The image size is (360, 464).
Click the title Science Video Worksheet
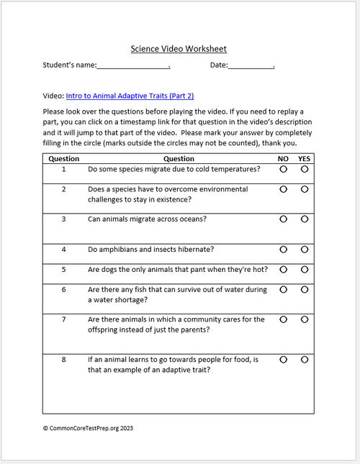pos(179,49)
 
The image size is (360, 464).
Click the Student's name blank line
pos(132,66)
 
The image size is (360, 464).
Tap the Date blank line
pos(251,66)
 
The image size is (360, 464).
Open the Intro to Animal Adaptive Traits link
pos(130,95)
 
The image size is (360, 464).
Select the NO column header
pos(283,158)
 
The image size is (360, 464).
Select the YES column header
pos(305,158)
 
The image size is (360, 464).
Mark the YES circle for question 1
pos(305,169)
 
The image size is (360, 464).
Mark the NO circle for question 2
pos(283,189)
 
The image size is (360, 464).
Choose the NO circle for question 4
pos(283,249)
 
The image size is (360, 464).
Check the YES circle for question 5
pos(305,269)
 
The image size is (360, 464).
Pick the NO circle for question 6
pos(283,289)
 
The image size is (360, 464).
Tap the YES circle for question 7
pos(305,319)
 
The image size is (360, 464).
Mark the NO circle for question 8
pos(283,358)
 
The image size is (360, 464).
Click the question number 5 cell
pos(63,270)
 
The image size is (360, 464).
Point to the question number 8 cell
pos(63,359)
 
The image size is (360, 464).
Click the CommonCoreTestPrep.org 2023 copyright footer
pos(88,427)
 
